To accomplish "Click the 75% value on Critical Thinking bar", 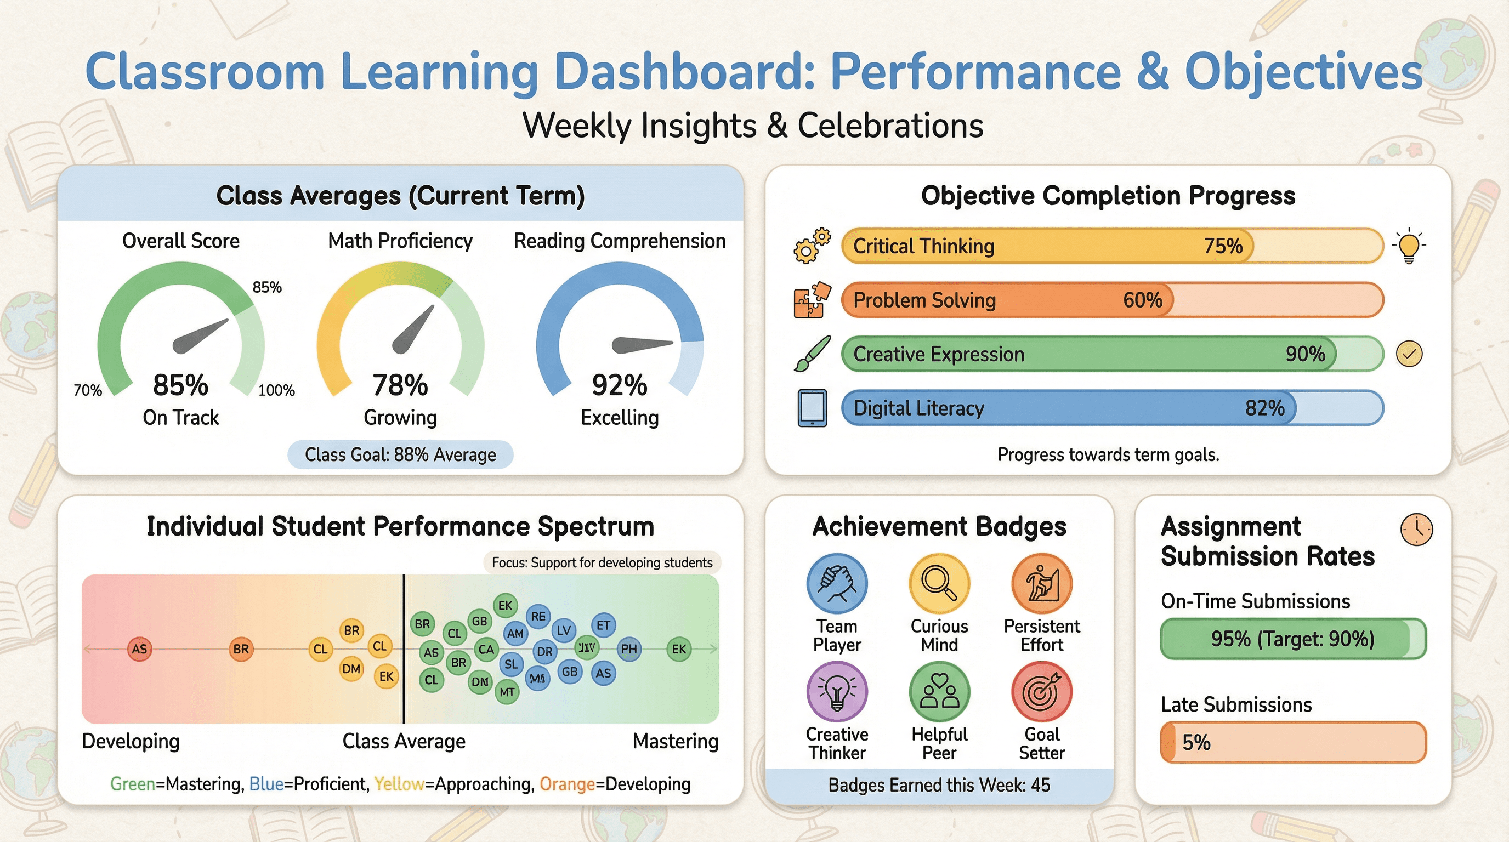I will pos(1223,246).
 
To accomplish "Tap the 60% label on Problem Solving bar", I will pos(1142,300).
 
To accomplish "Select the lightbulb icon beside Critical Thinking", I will pos(1409,246).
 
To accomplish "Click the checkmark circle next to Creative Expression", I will pos(1409,354).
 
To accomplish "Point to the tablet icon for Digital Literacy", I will pos(812,408).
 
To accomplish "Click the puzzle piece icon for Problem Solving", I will pos(812,300).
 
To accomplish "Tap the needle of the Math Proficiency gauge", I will pos(413,329).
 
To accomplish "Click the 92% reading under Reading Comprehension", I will pos(619,385).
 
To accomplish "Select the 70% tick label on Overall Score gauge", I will pos(88,390).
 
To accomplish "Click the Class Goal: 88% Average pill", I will pos(400,455).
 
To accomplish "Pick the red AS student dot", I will pos(139,650).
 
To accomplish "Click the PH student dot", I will pos(628,649).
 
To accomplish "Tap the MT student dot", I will pos(507,692).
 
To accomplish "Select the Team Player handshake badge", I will pos(837,584).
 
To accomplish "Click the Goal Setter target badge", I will pos(1041,691).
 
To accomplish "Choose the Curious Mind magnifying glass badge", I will pos(939,584).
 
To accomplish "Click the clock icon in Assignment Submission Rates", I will pos(1416,530).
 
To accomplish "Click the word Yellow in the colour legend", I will pos(399,784).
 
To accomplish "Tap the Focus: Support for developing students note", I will pos(602,562).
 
